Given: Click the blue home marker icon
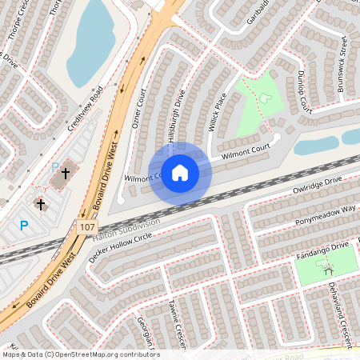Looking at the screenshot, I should point(180,172).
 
